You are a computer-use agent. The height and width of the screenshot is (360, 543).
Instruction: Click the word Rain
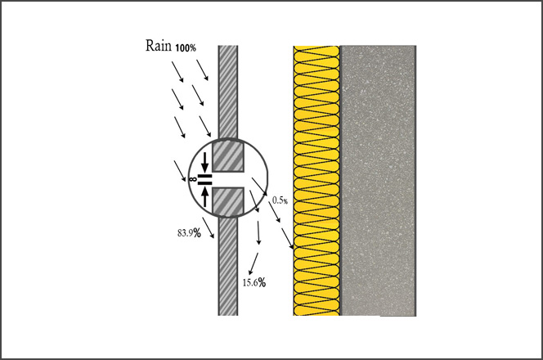159,46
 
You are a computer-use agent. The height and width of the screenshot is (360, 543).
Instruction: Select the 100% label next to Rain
186,48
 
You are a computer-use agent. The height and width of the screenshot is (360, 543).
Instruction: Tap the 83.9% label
189,233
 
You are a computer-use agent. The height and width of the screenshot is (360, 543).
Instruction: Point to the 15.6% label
254,282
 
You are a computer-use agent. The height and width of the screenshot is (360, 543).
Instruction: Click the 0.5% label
280,200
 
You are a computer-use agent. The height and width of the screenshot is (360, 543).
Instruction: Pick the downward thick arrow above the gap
205,162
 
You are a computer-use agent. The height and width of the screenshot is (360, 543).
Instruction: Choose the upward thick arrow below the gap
205,196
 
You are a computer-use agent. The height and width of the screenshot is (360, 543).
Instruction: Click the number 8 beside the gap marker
193,179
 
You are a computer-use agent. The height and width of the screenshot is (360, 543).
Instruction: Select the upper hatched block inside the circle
228,155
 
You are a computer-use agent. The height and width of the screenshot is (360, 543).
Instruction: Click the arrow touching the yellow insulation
287,239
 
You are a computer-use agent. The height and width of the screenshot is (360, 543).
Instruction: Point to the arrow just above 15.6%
254,264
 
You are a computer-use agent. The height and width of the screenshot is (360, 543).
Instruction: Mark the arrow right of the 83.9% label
209,228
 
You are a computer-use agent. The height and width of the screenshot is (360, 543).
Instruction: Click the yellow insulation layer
316,181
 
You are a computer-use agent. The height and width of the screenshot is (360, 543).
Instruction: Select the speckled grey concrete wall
378,181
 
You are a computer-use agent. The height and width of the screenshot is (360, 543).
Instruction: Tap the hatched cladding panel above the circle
228,92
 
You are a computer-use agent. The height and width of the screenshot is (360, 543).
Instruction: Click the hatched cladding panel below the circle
228,266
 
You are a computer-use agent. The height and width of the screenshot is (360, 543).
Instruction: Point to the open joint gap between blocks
227,180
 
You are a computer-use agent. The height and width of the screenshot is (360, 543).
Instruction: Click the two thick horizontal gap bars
204,179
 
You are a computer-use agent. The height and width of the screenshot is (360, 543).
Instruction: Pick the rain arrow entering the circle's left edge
180,171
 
